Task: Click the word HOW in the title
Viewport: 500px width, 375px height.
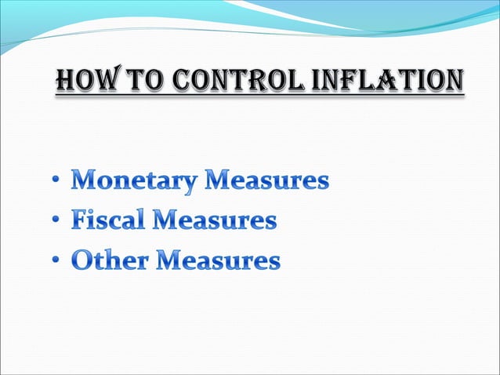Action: tap(85, 81)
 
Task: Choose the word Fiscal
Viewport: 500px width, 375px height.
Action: tap(109, 221)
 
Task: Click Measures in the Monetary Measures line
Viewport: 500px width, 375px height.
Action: tap(267, 182)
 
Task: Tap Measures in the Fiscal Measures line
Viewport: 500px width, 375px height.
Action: tap(215, 221)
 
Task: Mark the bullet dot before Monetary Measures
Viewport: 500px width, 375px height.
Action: tap(58, 184)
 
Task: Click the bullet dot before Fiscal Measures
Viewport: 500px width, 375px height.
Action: tap(58, 222)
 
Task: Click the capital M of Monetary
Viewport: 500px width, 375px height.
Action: tap(85, 182)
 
